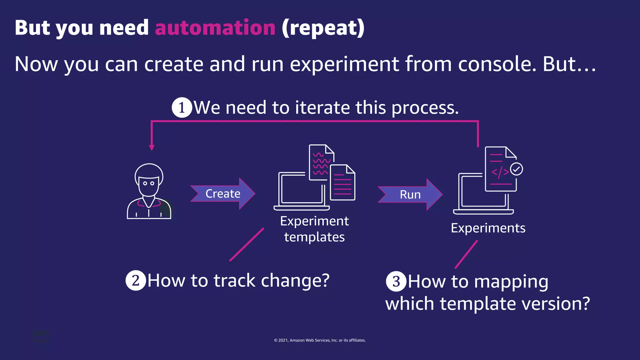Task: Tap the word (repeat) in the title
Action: point(323,28)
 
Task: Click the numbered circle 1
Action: point(182,107)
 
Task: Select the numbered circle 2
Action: point(136,280)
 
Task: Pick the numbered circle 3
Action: point(396,281)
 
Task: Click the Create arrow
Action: point(222,194)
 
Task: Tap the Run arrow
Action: point(410,194)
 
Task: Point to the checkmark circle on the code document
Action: point(516,169)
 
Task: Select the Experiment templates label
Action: point(314,229)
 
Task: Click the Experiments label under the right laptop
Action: point(488,228)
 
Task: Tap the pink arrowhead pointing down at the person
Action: point(152,147)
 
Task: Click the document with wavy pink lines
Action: point(321,162)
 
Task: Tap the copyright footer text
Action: point(320,340)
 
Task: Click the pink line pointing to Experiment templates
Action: point(247,245)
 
